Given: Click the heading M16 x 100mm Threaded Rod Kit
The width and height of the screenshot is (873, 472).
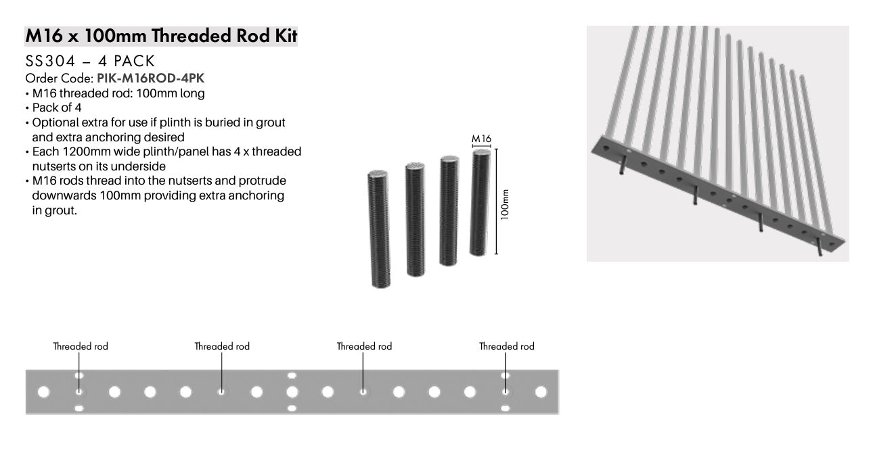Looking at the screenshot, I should point(161,36).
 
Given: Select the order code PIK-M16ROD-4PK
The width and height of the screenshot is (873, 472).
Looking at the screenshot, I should point(150,78).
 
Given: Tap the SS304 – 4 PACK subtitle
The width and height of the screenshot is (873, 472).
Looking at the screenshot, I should point(90,62).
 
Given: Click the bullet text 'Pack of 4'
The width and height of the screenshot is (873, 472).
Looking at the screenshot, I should point(57,108).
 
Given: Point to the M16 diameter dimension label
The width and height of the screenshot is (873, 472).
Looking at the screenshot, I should point(481,139).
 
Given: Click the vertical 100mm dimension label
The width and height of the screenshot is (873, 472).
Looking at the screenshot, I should point(505,203).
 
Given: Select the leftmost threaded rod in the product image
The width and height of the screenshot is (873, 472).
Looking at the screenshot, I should point(380,228).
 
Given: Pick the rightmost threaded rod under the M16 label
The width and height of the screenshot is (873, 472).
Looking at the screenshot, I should point(480,202).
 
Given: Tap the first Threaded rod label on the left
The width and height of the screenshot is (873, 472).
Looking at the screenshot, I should point(81,346).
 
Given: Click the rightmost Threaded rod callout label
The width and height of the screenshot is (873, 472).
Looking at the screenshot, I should point(507,346).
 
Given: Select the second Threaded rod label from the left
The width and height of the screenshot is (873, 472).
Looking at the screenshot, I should point(222,346).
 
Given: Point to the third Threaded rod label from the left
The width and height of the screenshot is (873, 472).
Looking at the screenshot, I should point(364,346).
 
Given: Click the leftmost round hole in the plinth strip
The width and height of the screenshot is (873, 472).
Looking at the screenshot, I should point(44,392).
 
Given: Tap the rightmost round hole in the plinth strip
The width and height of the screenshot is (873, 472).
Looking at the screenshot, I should point(541,392).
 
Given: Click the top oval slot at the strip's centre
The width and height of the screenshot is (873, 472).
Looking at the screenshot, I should point(292,375).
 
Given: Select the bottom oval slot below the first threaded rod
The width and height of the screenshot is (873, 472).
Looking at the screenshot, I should point(79,408).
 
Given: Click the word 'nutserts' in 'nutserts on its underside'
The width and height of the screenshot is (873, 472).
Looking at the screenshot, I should point(53,166).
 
